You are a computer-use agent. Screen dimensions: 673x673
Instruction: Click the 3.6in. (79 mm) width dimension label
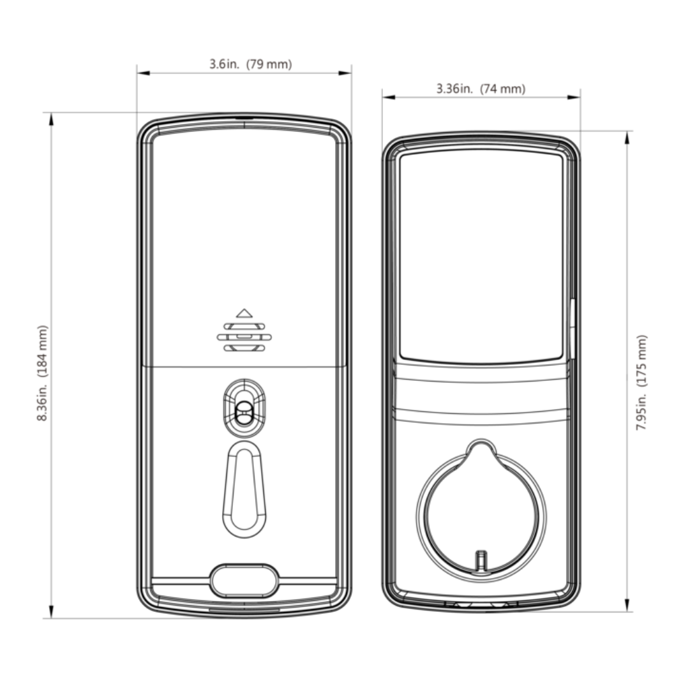coord(250,65)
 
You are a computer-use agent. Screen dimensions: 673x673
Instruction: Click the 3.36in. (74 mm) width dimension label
coord(481,89)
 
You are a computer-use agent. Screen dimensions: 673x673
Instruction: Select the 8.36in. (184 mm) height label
coord(43,374)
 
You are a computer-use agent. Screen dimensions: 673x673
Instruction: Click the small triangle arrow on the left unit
coord(244,313)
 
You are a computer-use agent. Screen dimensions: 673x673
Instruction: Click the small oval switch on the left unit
coord(244,409)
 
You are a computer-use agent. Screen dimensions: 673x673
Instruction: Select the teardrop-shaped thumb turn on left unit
coord(244,488)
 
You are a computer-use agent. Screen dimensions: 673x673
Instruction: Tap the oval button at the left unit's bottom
coord(244,579)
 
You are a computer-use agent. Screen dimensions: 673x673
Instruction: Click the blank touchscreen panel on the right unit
coord(481,256)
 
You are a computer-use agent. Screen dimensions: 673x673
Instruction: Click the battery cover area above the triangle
coord(244,215)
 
